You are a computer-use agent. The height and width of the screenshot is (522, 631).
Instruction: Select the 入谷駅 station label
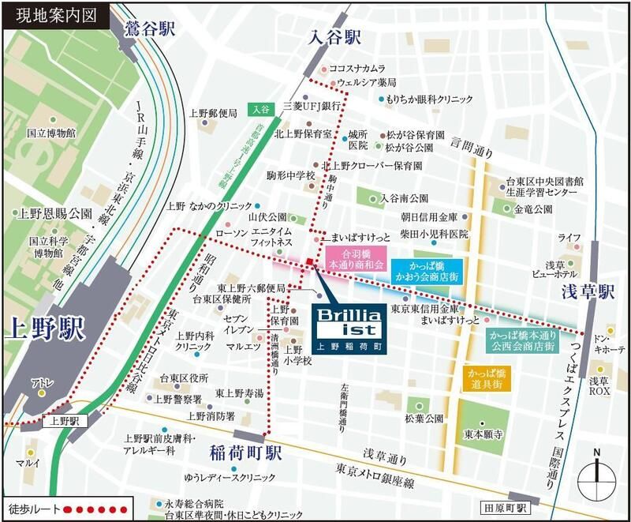(334, 37)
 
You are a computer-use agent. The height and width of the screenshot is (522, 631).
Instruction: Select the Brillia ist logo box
(342, 323)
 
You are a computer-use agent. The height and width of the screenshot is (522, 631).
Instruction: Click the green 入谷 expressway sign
(261, 109)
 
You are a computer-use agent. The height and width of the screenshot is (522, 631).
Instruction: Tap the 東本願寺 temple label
(484, 434)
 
